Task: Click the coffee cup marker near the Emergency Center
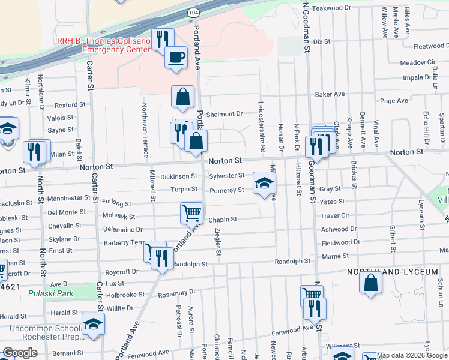176,58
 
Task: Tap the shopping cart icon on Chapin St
191,212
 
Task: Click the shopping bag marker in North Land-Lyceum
371,282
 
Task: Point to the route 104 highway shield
193,12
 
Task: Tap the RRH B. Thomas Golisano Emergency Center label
103,46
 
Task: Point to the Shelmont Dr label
223,113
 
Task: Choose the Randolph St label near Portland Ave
190,264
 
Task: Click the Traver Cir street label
335,215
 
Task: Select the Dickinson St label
178,176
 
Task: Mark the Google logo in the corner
20,353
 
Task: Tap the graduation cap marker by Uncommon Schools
92,325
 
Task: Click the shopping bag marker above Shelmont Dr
182,96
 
